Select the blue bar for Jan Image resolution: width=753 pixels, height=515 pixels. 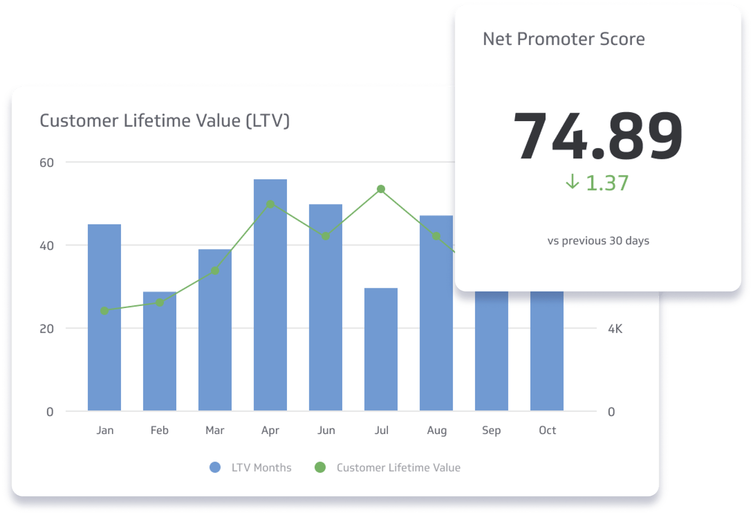[104, 317]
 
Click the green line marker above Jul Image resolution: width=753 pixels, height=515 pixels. [381, 189]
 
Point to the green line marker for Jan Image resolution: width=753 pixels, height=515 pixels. [105, 311]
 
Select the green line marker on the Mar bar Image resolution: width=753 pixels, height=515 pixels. [215, 271]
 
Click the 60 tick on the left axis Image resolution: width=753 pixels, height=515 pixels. [47, 163]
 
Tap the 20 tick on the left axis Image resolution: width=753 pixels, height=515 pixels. [47, 329]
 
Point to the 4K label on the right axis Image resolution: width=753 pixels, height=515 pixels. [615, 329]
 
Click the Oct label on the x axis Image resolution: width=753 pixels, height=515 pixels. [547, 430]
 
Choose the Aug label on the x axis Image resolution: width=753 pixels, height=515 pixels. [437, 430]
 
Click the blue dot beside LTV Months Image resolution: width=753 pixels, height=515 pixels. [215, 467]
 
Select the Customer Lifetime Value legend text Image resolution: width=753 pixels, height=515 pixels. [398, 468]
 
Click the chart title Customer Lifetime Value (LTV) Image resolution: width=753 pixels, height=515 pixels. [164, 121]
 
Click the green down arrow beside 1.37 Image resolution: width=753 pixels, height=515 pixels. [572, 182]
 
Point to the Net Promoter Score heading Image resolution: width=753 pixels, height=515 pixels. [564, 39]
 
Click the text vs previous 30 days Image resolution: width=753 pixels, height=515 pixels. [598, 241]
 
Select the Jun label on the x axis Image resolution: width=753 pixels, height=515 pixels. [326, 430]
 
